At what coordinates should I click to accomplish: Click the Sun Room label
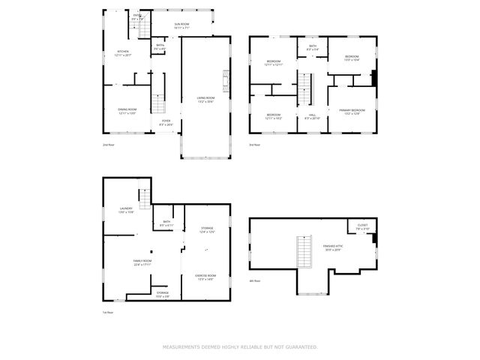pos(182,25)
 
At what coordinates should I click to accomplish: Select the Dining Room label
pos(127,111)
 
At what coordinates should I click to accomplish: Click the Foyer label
pos(165,121)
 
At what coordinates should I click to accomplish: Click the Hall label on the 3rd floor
pos(312,116)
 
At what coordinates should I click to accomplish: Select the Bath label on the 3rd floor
pos(313,47)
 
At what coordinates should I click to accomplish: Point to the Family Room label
pos(142,262)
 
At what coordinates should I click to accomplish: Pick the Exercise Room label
pos(205,277)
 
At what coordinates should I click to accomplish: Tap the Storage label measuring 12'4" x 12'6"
pos(206,229)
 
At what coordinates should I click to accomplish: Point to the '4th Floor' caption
pos(256,280)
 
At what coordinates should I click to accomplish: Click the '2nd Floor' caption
pos(109,144)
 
